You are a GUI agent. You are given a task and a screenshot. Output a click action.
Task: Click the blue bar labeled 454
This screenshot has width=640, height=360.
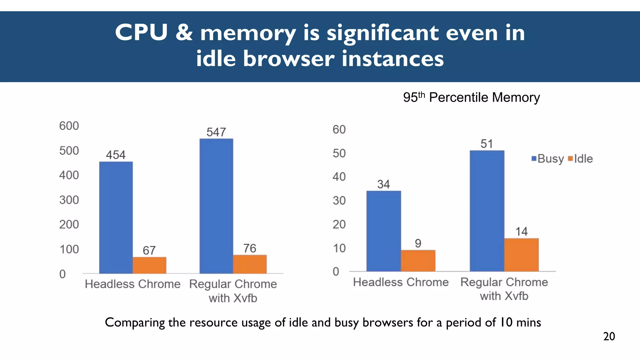116,217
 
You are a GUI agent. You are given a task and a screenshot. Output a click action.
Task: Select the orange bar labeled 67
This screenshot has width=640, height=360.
149,265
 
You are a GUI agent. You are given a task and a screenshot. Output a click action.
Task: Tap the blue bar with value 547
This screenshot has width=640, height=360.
216,206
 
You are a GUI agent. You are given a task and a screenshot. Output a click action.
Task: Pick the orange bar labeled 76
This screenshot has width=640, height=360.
250,264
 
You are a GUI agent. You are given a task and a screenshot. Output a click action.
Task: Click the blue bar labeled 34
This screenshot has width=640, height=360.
383,231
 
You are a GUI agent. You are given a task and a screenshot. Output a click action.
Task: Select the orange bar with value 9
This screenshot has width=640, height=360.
418,261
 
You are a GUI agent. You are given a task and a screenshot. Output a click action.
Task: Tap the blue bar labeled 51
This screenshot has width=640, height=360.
487,211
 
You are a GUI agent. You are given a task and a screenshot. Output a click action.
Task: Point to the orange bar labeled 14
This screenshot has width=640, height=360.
521,255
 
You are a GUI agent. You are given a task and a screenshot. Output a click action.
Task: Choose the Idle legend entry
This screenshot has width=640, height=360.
581,159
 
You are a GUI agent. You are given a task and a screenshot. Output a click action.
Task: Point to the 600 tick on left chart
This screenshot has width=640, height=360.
69,126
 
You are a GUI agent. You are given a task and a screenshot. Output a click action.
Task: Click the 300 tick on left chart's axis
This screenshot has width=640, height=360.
69,200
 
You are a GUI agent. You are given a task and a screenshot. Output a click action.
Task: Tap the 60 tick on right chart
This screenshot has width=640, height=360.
339,129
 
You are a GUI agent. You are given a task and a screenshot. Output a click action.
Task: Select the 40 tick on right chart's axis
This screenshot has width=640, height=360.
339,177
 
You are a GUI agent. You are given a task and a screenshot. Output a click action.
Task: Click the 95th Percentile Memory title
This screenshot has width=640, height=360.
471,97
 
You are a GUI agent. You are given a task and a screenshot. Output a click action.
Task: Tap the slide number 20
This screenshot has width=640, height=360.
609,337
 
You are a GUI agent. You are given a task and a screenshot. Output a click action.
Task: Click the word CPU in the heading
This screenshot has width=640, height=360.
141,32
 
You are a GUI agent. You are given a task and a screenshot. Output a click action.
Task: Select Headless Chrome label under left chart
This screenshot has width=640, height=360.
132,284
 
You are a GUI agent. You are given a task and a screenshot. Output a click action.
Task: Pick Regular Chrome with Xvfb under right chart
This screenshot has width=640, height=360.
504,289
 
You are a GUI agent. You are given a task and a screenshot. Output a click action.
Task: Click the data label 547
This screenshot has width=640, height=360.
216,132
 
